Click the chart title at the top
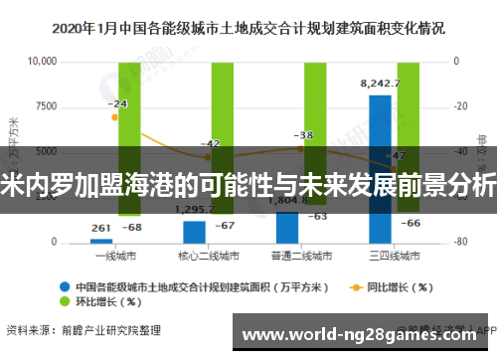coord(248,30)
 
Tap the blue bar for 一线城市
coord(101,240)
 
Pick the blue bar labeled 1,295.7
coord(194,232)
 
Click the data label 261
coord(100,228)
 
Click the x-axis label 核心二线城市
coord(195,256)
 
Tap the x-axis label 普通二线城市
coord(287,256)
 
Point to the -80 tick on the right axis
coord(461,243)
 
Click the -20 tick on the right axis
coord(461,106)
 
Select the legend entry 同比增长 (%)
coord(389,287)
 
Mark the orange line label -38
coord(303,135)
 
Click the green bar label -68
coord(130,228)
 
